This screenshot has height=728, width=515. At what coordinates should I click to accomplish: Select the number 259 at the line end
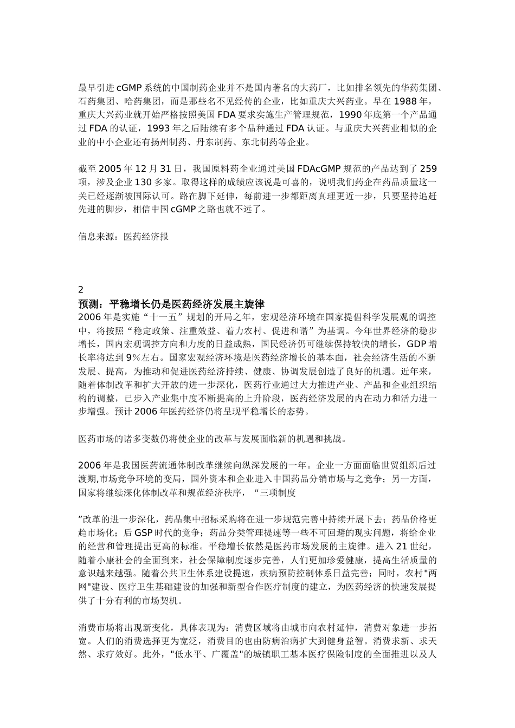click(x=428, y=168)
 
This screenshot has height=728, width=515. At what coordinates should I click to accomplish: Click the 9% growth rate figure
click(x=133, y=357)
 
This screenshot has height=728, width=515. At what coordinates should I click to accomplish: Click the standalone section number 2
click(x=81, y=289)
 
